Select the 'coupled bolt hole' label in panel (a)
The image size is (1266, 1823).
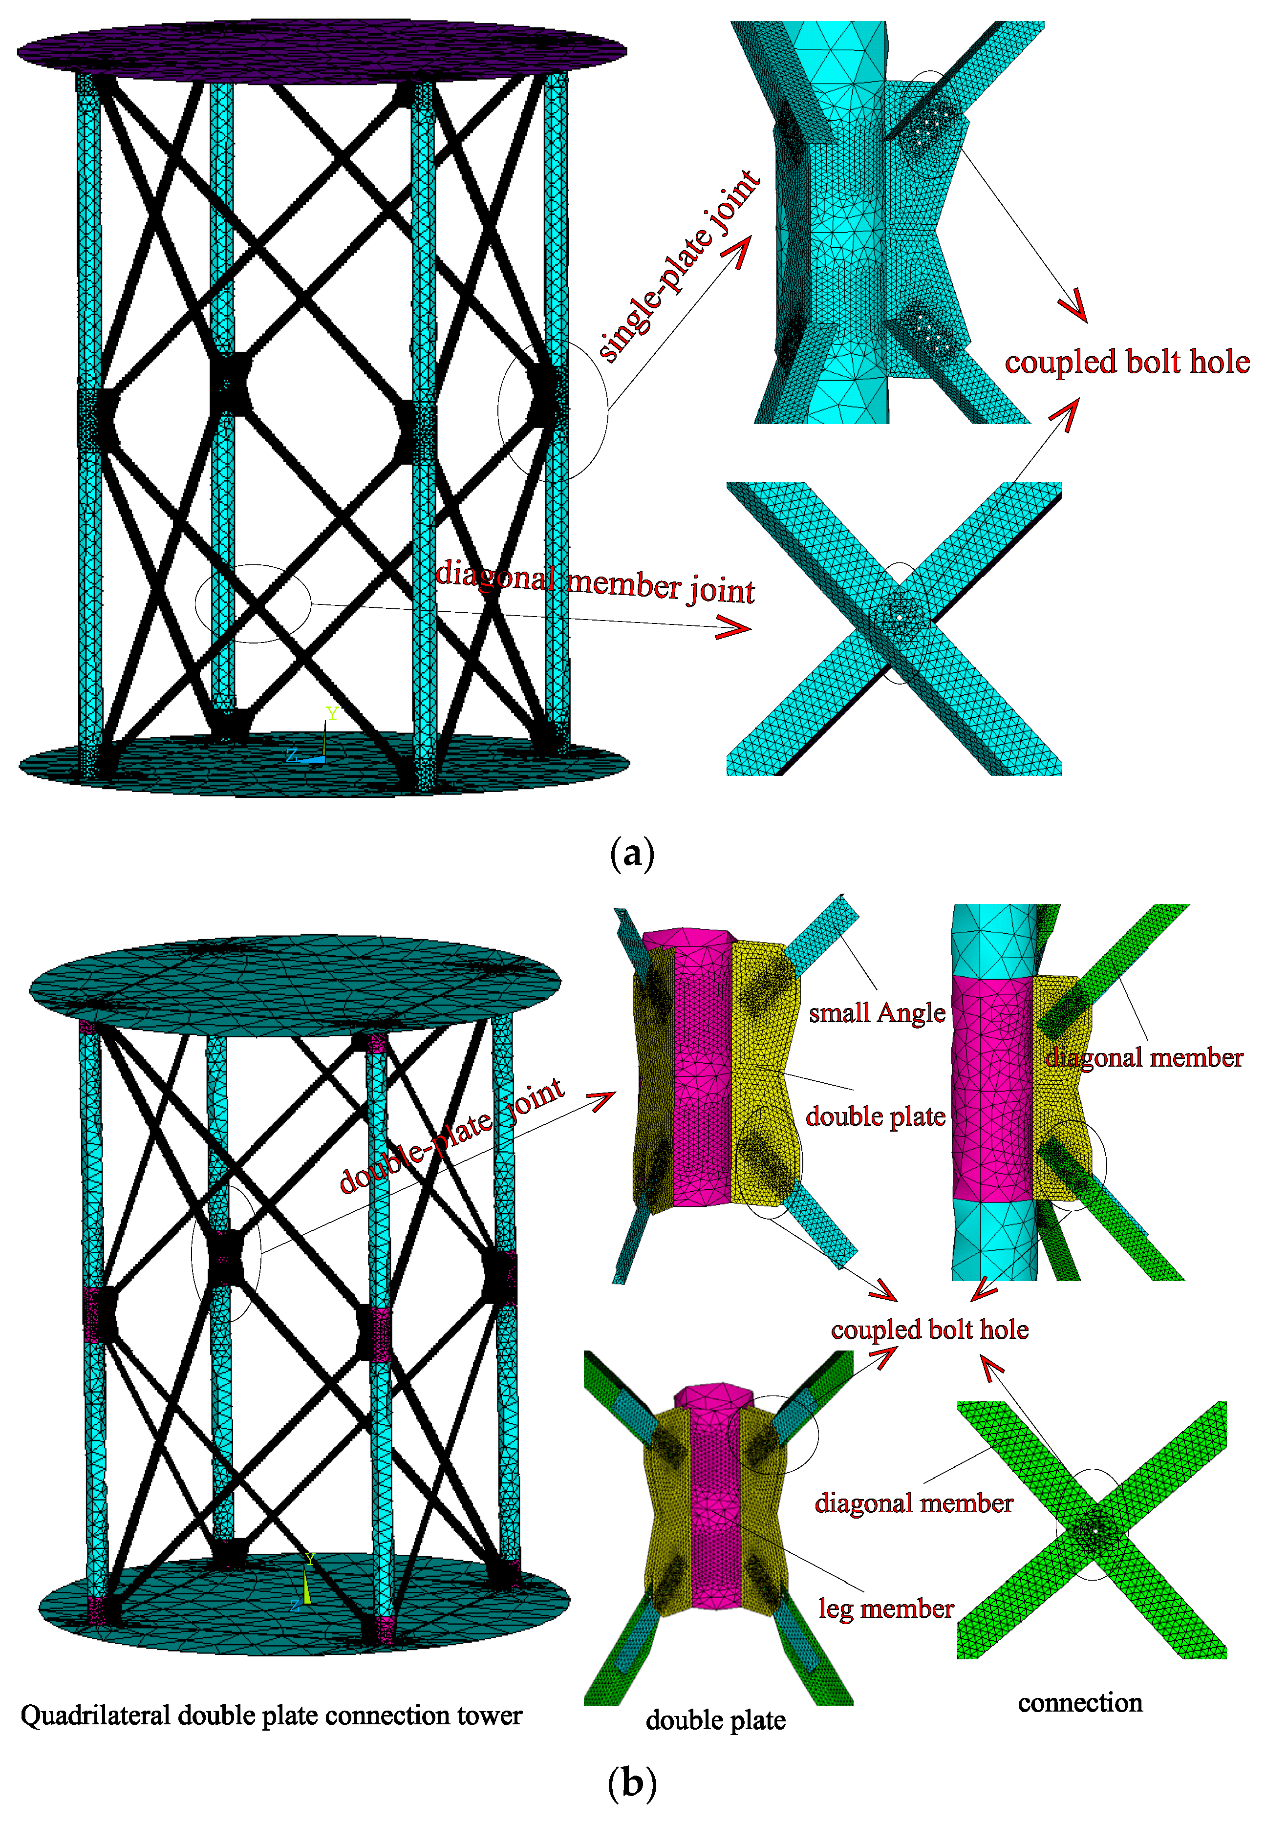tap(1126, 363)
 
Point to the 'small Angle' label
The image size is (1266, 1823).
tap(877, 1013)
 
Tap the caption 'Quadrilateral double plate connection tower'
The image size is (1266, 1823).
tap(271, 1715)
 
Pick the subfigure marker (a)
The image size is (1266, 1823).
tap(632, 855)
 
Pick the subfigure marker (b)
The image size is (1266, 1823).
tap(632, 1784)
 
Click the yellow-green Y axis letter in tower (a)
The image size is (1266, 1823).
tap(332, 713)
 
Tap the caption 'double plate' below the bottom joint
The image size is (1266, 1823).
tap(715, 1720)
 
